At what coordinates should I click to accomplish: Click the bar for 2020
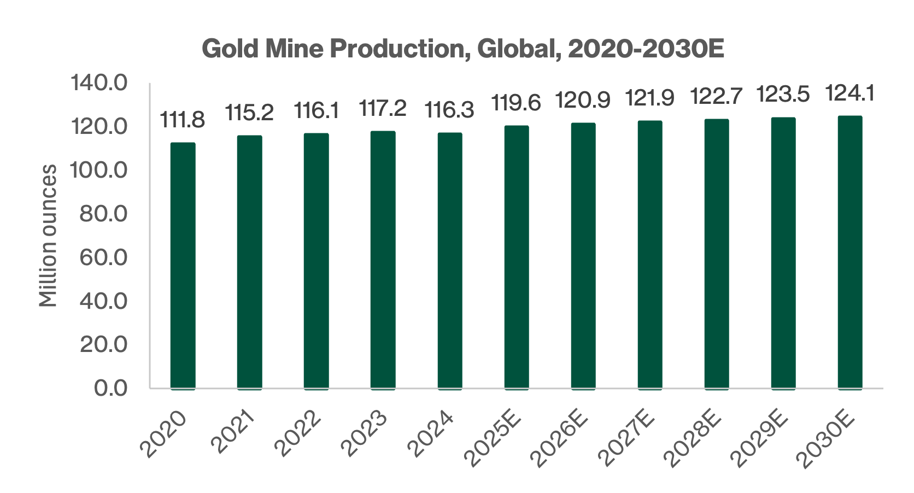(183, 266)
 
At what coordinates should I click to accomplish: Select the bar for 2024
(450, 261)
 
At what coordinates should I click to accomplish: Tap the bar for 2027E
(650, 255)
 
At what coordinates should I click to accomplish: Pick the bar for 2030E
(850, 253)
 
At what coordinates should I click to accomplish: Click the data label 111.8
(183, 120)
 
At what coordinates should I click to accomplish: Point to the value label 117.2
(383, 108)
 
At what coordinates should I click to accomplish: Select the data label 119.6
(516, 103)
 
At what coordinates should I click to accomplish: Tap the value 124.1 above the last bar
(850, 93)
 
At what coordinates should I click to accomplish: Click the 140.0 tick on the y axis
(99, 84)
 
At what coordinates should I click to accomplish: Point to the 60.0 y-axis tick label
(103, 257)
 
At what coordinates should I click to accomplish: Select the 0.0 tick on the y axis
(110, 388)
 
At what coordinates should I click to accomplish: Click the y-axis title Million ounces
(48, 236)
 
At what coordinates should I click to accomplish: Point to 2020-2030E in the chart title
(646, 49)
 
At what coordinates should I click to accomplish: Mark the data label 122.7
(717, 97)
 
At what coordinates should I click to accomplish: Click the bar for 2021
(249, 262)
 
